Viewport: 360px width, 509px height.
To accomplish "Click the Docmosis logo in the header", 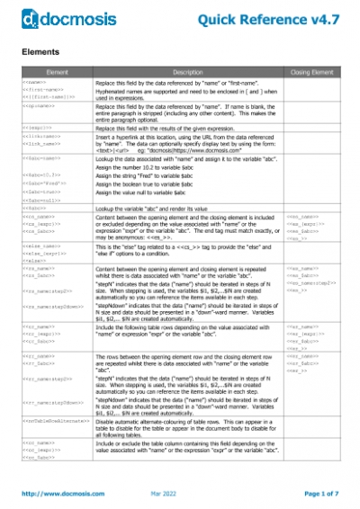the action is click(x=53, y=15).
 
